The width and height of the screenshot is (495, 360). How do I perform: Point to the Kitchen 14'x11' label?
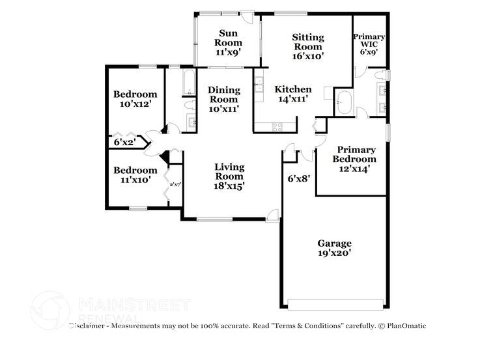292,94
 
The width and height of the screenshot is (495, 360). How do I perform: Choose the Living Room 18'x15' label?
229,176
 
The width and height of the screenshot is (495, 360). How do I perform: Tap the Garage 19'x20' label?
335,248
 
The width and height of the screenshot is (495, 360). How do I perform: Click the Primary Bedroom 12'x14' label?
354,159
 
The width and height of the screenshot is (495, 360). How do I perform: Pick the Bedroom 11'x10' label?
135,175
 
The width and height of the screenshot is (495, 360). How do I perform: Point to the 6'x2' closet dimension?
124,141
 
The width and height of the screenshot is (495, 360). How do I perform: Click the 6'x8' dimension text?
300,177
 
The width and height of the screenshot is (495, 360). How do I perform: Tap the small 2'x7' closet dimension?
175,185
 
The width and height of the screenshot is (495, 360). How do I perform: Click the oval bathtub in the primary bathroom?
343,103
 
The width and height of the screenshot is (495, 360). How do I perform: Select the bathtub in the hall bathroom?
188,81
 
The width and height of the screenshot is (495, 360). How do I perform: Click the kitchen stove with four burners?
276,126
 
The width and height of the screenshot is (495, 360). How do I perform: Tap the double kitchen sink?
258,86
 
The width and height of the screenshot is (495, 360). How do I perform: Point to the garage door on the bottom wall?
335,304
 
